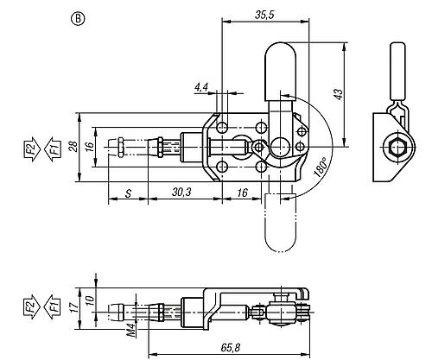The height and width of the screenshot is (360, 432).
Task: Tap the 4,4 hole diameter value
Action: tap(202, 88)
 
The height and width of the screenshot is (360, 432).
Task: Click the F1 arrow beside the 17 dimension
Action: tap(54, 306)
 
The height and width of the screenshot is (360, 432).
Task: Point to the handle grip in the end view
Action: tap(398, 68)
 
